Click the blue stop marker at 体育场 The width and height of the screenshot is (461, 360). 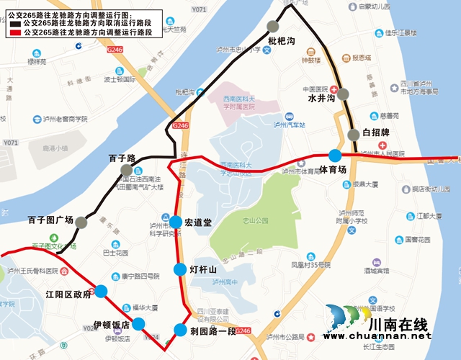pos(335,155)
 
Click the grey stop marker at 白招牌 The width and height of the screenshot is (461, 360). pos(354,134)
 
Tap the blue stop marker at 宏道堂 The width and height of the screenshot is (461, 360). pos(175,222)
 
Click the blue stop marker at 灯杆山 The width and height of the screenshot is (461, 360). pos(179,269)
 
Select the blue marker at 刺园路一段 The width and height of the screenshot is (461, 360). pos(179,330)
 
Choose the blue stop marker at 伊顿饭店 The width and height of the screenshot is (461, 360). pos(138,324)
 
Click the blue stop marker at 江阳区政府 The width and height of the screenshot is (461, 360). pos(102,291)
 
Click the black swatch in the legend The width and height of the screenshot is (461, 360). pos(16,24)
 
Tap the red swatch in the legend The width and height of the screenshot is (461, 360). pos(16,33)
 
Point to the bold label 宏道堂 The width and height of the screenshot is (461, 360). pos(198,222)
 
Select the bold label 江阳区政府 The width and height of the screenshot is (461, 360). pos(68,294)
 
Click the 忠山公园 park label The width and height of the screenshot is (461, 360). pos(256,221)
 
